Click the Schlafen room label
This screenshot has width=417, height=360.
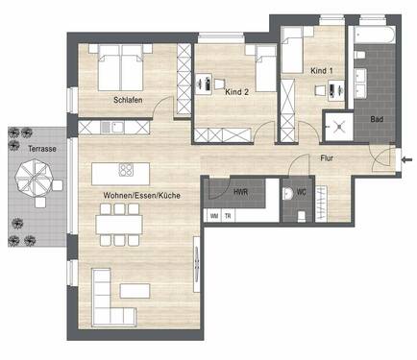127,99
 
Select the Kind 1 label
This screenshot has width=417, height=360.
322,71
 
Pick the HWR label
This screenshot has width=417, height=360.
244,190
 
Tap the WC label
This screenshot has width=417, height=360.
302,191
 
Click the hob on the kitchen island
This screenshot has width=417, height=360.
126,171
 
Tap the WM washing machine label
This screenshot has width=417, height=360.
213,216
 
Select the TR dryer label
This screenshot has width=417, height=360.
227,216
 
